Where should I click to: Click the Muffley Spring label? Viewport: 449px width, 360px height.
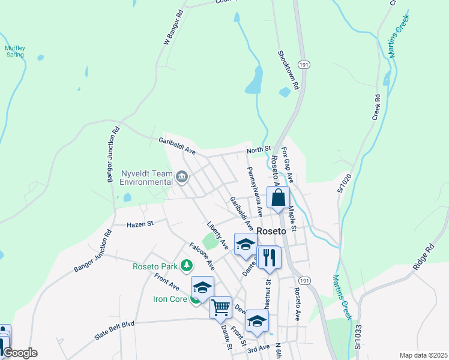pos(15,51)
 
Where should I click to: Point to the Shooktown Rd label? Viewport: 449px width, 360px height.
pos(288,70)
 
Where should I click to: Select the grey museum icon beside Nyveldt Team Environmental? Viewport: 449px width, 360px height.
pos(182,177)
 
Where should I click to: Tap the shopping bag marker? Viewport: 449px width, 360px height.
pos(279,197)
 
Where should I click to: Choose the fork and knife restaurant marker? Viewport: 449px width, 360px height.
pos(269,257)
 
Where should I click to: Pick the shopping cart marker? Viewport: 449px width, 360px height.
pos(221,307)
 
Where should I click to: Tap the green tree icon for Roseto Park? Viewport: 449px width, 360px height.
pos(188,265)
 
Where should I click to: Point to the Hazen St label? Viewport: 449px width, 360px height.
pos(140,224)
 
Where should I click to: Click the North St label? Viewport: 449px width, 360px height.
pos(260,148)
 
